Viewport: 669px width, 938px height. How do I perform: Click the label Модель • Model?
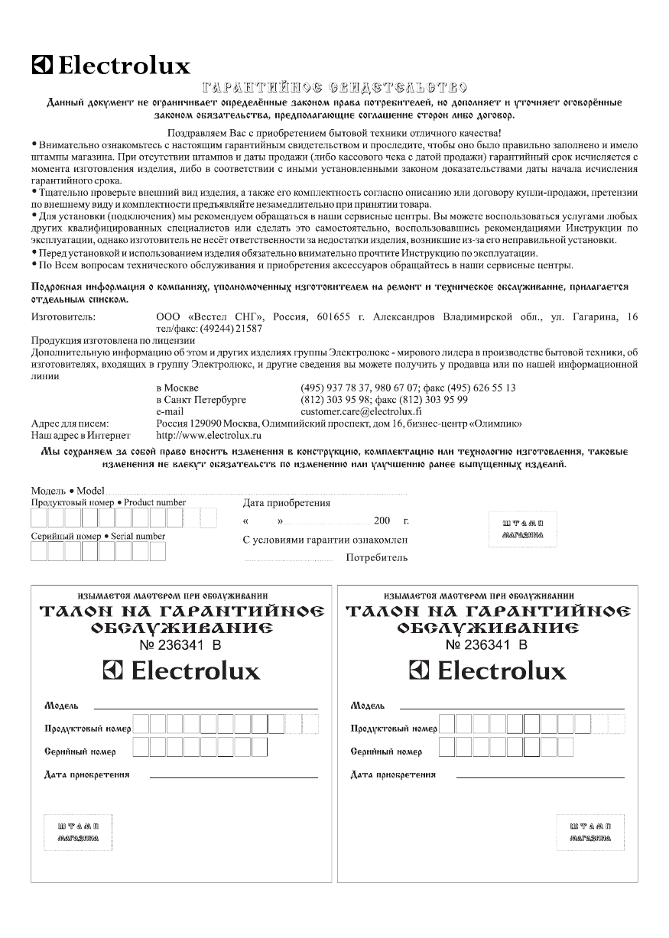(x=67, y=491)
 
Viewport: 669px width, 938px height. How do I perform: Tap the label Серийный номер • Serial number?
(x=98, y=536)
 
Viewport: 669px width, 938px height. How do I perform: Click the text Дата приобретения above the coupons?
(x=287, y=503)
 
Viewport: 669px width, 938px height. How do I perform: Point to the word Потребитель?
(x=377, y=558)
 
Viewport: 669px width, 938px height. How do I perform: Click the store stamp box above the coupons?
(x=523, y=529)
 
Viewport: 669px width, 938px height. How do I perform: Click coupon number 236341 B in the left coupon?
(x=181, y=645)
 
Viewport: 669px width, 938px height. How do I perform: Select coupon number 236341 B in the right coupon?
(x=487, y=645)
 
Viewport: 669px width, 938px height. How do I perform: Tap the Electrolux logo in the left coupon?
(x=181, y=671)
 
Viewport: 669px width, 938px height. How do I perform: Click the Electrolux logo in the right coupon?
(x=488, y=671)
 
